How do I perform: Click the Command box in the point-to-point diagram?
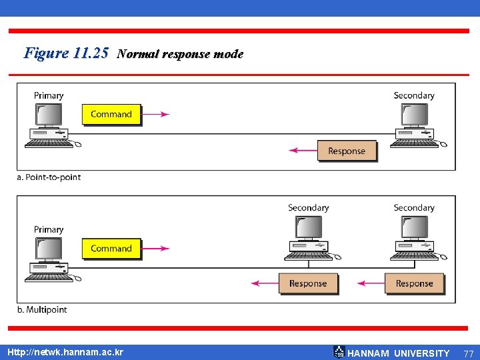point(111,114)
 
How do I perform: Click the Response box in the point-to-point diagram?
point(347,151)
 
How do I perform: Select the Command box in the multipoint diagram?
point(111,249)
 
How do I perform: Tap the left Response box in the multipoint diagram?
point(308,283)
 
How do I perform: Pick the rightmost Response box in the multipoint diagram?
point(414,283)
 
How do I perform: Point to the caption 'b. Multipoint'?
point(43,310)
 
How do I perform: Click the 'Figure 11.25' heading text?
point(65,53)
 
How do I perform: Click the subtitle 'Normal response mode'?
point(180,55)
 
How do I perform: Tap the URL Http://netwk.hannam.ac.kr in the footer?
point(65,352)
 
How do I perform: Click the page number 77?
point(469,353)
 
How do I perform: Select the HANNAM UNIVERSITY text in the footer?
point(399,353)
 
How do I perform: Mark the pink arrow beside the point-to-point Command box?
point(156,114)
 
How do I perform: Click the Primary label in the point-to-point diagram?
point(49,95)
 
